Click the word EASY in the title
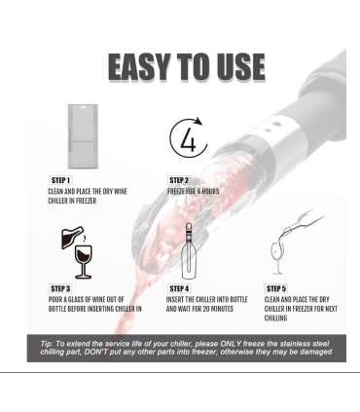[x=140, y=67]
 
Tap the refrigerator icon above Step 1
[x=83, y=136]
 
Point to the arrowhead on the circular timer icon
[x=198, y=122]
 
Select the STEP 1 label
[x=60, y=180]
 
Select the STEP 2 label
[x=179, y=180]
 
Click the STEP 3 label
[x=60, y=288]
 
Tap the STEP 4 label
[x=179, y=288]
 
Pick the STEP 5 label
[x=276, y=288]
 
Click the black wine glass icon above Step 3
[x=84, y=262]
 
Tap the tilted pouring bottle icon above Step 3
[x=72, y=238]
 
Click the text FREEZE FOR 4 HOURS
[x=194, y=191]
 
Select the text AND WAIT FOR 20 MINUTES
[x=199, y=309]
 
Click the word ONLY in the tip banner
[x=231, y=344]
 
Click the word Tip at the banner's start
[x=47, y=344]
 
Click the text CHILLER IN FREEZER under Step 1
[x=72, y=201]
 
